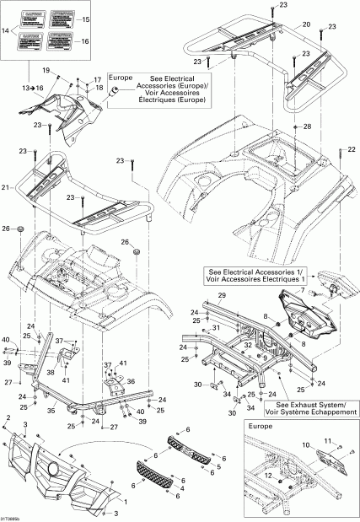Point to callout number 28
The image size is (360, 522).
307,126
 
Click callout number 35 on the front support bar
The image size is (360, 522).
51,411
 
